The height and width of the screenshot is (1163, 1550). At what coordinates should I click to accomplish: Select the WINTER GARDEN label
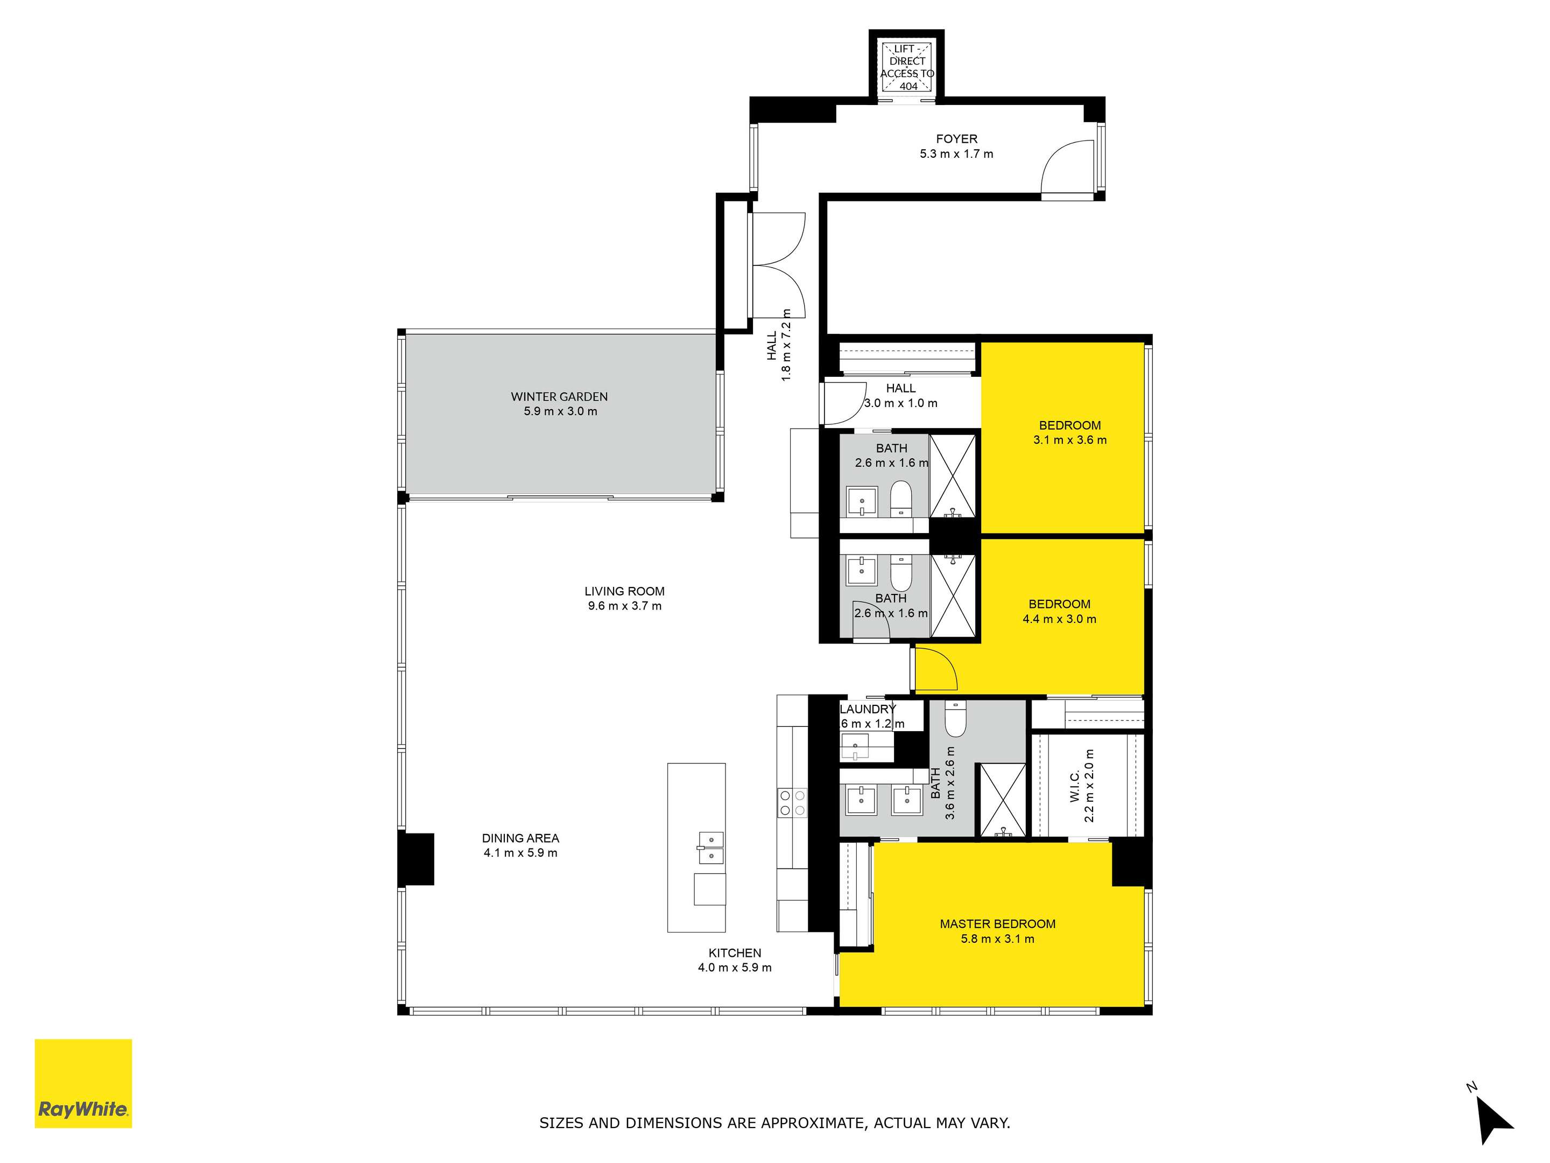(x=559, y=397)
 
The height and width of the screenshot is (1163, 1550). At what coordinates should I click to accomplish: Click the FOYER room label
(x=956, y=139)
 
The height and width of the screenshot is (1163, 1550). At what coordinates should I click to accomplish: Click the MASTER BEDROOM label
(x=998, y=924)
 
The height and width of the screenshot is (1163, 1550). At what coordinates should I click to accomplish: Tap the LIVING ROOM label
(x=624, y=591)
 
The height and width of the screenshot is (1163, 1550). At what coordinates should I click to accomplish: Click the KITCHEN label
(x=734, y=952)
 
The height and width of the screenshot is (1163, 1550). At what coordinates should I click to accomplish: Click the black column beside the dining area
(x=416, y=859)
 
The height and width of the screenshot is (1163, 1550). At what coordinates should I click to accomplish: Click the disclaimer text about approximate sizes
(x=774, y=1123)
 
